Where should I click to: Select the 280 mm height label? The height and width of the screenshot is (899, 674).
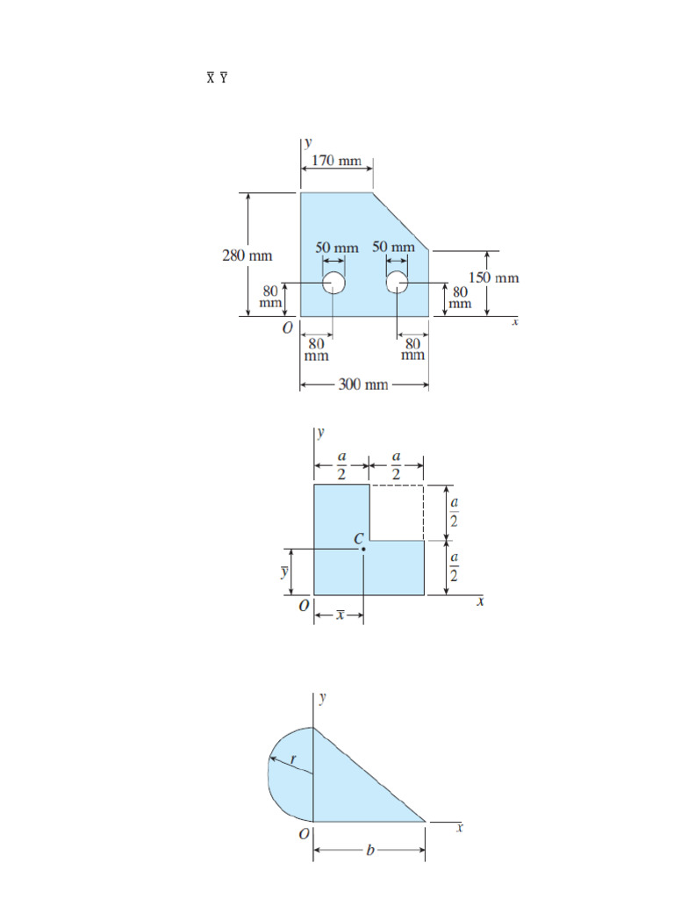[247, 255]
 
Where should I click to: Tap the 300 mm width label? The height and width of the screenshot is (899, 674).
[363, 385]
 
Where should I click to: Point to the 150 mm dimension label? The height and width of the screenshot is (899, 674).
[492, 277]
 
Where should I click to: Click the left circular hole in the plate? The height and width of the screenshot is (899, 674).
[333, 283]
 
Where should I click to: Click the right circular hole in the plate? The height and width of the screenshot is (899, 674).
[398, 283]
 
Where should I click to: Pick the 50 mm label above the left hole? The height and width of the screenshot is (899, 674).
[337, 248]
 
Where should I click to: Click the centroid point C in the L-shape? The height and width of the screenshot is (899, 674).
[363, 549]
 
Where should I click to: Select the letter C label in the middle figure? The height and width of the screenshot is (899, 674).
[359, 537]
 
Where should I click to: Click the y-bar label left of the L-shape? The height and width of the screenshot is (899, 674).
[283, 572]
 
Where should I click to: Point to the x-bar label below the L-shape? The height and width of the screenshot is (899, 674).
[339, 615]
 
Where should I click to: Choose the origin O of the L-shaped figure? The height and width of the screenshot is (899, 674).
[301, 606]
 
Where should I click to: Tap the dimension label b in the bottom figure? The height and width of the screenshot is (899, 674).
[369, 851]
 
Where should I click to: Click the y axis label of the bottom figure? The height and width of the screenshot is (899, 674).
[323, 698]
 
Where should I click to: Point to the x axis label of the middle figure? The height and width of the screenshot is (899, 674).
[480, 602]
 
